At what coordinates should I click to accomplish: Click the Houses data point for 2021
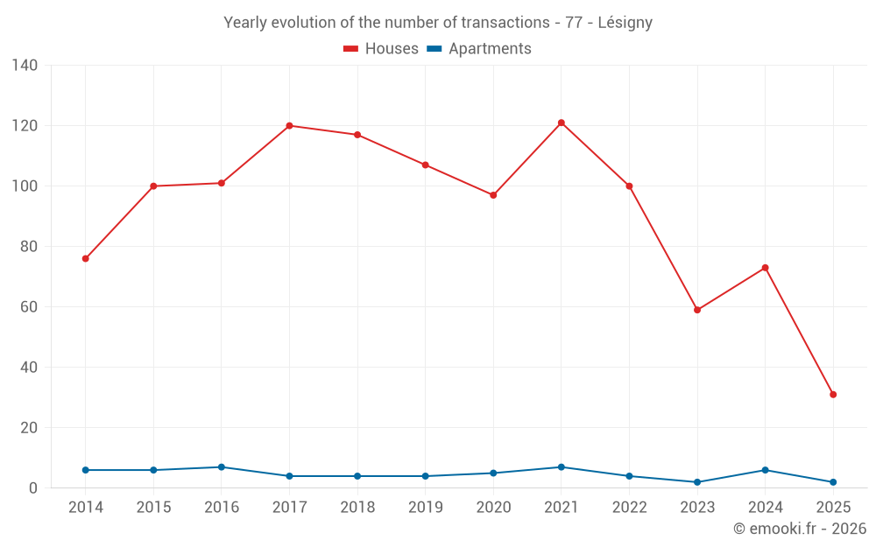(x=562, y=123)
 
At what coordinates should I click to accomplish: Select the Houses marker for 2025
(x=833, y=395)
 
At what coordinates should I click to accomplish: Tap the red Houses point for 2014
(x=85, y=259)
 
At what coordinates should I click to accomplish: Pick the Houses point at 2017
(x=289, y=126)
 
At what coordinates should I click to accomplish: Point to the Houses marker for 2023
(x=697, y=310)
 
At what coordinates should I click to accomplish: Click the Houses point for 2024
(x=765, y=268)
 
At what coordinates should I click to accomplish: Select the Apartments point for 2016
(x=222, y=467)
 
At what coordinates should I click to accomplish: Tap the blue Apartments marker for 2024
(x=765, y=470)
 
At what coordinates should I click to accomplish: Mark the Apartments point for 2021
(x=562, y=467)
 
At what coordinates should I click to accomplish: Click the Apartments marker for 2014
(x=85, y=470)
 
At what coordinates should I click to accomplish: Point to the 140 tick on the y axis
(x=25, y=66)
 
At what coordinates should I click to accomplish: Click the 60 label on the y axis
(x=28, y=307)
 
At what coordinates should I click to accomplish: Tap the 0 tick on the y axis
(x=32, y=488)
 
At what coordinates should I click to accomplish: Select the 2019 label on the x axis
(x=426, y=508)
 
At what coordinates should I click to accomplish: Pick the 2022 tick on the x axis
(x=629, y=508)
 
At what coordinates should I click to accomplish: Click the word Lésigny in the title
(x=625, y=23)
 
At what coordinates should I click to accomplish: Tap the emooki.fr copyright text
(x=799, y=529)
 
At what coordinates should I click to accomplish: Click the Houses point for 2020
(x=493, y=195)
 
